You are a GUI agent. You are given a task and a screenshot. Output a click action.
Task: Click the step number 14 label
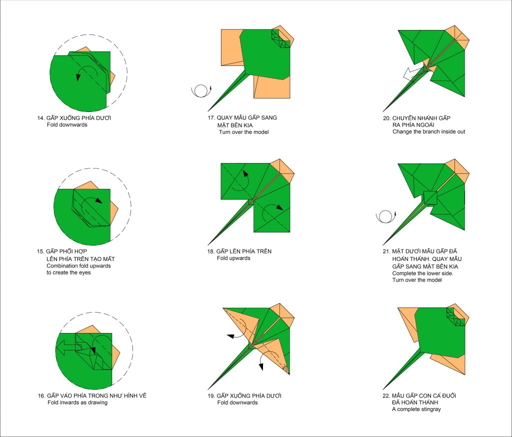click(40, 118)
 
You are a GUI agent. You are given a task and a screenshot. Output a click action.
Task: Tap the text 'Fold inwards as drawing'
click(77, 402)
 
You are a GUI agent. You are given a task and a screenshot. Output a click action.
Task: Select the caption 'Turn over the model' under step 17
click(244, 132)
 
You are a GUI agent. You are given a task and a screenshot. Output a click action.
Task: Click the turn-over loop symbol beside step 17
click(200, 90)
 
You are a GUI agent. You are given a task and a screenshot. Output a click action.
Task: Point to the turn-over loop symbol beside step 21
click(385, 216)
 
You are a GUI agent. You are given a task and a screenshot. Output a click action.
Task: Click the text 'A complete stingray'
click(416, 409)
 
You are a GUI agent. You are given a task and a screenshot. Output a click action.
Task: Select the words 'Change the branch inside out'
click(428, 131)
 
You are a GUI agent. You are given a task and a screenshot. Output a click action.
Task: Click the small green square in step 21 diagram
click(430, 197)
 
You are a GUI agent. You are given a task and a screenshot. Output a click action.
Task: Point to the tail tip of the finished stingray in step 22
click(383, 389)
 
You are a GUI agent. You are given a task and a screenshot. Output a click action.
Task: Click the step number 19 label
click(211, 396)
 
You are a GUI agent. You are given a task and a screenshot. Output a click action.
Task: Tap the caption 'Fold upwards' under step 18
click(233, 258)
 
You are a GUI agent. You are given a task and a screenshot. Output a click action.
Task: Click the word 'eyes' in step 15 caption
click(84, 272)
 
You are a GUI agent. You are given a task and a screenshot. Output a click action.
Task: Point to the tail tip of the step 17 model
click(208, 111)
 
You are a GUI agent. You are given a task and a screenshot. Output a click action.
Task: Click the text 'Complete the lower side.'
click(423, 273)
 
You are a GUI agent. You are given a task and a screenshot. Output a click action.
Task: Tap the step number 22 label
click(386, 396)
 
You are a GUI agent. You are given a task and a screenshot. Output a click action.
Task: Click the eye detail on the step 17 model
click(281, 38)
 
